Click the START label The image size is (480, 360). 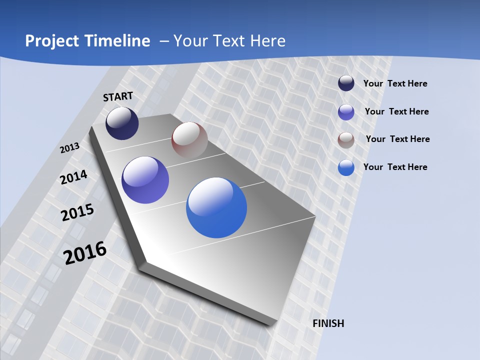118,96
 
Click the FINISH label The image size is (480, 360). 328,323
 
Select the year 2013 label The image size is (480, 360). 70,148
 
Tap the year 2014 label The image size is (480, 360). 74,177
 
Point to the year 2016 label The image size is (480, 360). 85,252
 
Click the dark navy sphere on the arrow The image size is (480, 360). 122,123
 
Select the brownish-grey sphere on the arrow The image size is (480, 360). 189,140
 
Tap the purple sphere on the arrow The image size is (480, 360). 145,180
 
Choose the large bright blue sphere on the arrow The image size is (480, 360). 216,207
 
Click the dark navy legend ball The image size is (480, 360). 346,83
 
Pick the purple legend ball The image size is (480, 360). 346,112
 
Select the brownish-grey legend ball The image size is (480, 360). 346,139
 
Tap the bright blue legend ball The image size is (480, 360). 346,167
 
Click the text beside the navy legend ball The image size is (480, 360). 395,84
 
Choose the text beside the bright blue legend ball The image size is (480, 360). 395,167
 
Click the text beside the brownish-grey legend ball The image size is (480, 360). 397,139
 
